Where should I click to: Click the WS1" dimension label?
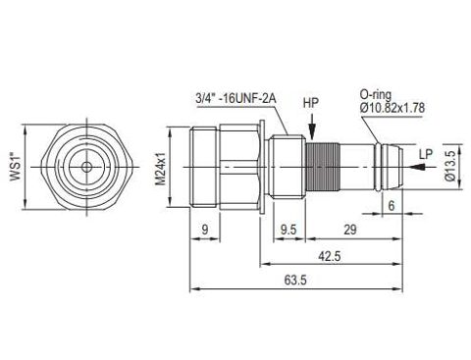click(x=16, y=167)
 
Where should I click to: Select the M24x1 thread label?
click(x=160, y=168)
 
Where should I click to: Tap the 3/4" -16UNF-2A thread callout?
click(x=235, y=98)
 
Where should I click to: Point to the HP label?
click(x=311, y=103)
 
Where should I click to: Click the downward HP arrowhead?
click(x=312, y=132)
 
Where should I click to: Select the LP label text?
click(x=426, y=154)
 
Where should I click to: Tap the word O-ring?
click(x=376, y=94)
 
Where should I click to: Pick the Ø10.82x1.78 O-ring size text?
click(x=392, y=108)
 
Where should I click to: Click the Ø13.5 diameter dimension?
click(x=450, y=166)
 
